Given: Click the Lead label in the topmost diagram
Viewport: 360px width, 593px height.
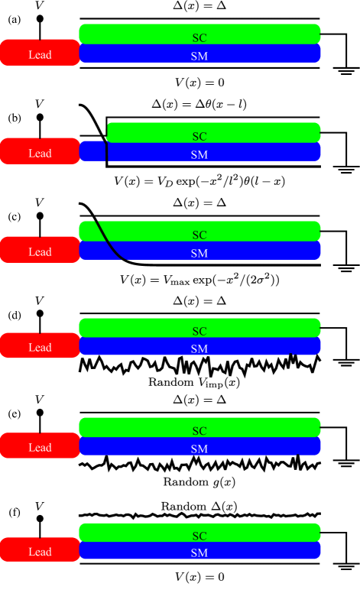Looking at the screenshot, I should point(40,54).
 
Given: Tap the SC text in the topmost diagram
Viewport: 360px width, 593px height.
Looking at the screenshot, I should point(199,37).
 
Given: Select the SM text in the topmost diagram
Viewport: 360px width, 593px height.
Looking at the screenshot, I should point(199,56).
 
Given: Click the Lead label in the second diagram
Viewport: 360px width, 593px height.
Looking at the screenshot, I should point(40,153).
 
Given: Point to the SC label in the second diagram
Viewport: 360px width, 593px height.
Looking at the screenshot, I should point(199,136).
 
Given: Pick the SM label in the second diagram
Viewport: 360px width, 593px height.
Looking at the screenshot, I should point(199,154).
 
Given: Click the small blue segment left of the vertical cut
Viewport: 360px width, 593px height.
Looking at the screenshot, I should point(92,151).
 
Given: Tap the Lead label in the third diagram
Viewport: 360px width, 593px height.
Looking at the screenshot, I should point(40,251).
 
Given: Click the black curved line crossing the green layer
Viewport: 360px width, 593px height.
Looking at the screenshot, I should point(102,231).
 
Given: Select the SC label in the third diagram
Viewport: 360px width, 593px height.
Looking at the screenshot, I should point(199,235).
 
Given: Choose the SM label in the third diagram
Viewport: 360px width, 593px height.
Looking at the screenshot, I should point(199,253).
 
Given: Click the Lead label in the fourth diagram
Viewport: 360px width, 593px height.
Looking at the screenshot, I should point(40,347).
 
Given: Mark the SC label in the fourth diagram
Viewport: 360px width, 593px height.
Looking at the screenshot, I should point(199,331).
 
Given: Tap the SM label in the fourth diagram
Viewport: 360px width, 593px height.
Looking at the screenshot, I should point(199,348).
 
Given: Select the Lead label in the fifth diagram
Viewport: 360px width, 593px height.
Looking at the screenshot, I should point(40,447).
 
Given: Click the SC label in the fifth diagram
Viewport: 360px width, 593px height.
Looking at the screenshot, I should point(199,430).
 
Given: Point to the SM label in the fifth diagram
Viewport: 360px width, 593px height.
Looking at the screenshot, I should point(199,449).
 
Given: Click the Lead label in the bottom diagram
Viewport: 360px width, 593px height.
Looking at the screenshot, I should point(40,551).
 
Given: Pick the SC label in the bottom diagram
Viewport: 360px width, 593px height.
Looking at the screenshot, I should point(199,535).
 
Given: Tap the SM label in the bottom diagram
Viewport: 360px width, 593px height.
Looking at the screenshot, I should point(199,552).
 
